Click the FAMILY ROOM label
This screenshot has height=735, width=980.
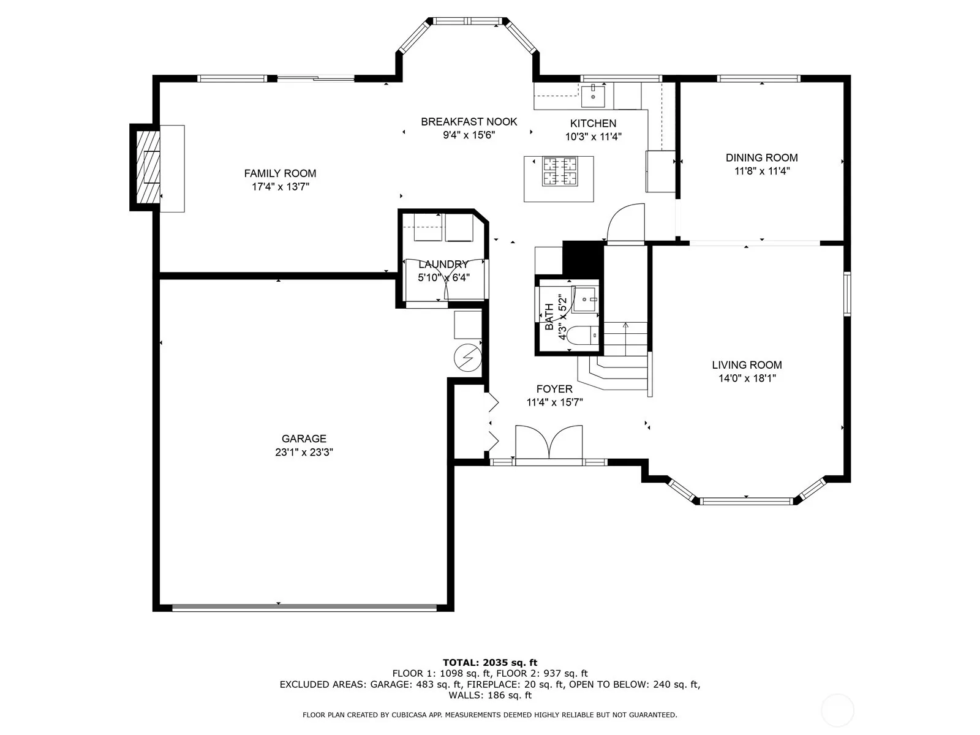pyautogui.click(x=280, y=173)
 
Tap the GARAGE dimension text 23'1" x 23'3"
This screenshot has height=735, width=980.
pyautogui.click(x=304, y=452)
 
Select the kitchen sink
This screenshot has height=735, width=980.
pyautogui.click(x=592, y=97)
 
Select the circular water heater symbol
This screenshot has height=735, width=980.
pyautogui.click(x=468, y=358)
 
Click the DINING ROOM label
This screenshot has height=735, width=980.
pyautogui.click(x=762, y=157)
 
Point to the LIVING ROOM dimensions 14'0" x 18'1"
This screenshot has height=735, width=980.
pyautogui.click(x=747, y=379)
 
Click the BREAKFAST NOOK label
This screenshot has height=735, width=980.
pyautogui.click(x=469, y=121)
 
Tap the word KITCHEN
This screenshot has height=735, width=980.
pyautogui.click(x=593, y=123)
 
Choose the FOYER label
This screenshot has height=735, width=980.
pyautogui.click(x=554, y=389)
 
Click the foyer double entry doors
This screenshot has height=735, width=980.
pyautogui.click(x=549, y=443)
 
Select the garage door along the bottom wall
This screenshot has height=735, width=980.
pyautogui.click(x=304, y=608)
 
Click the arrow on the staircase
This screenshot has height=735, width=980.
pyautogui.click(x=625, y=333)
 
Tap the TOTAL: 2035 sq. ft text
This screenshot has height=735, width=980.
pyautogui.click(x=490, y=663)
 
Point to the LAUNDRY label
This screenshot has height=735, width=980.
pyautogui.click(x=443, y=264)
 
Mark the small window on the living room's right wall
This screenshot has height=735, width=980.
pyautogui.click(x=847, y=293)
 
